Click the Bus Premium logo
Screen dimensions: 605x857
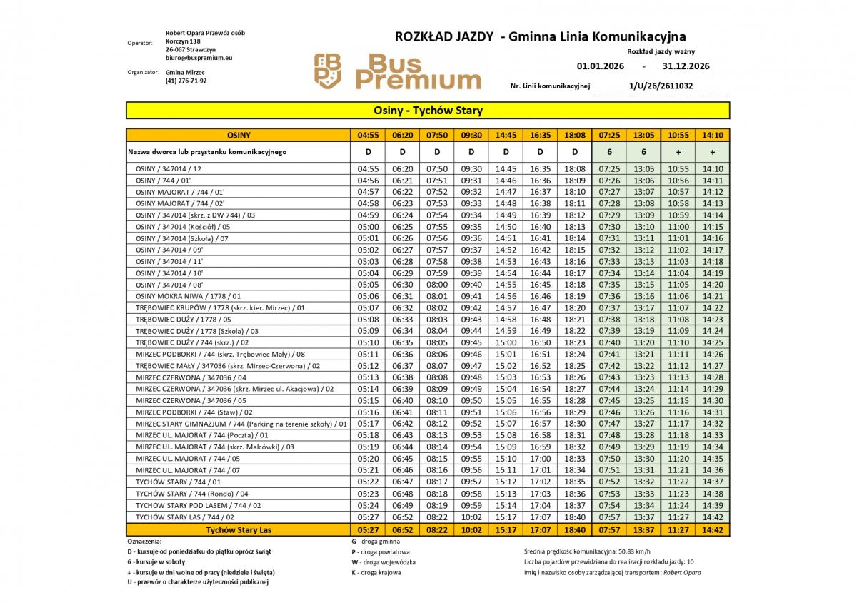(x=398, y=71)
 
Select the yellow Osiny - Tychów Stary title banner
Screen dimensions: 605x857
(x=428, y=111)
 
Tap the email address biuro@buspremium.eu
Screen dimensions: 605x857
(x=199, y=58)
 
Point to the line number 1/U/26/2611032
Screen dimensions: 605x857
(x=661, y=86)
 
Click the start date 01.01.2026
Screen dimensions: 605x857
(x=601, y=66)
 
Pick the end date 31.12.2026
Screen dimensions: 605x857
(x=686, y=66)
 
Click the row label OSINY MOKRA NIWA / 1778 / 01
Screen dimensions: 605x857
(x=189, y=296)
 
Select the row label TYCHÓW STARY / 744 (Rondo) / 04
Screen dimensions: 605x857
(x=192, y=494)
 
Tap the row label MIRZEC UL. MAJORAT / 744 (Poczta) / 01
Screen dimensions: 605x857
(x=202, y=435)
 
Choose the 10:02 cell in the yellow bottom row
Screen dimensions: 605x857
(x=471, y=530)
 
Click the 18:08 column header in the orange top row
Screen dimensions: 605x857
(x=574, y=134)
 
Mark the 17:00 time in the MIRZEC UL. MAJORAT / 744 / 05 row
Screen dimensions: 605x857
(x=541, y=459)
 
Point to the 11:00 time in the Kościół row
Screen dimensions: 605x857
(x=678, y=227)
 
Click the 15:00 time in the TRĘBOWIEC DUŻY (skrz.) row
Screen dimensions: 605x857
(x=506, y=342)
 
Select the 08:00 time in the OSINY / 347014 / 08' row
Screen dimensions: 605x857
(x=437, y=285)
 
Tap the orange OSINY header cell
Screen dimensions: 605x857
(x=239, y=134)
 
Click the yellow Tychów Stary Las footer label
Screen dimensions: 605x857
(x=239, y=530)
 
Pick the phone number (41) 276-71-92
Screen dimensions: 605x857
(x=186, y=81)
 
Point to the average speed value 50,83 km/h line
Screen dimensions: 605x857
(x=587, y=551)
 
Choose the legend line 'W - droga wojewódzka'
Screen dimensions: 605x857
(x=384, y=561)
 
